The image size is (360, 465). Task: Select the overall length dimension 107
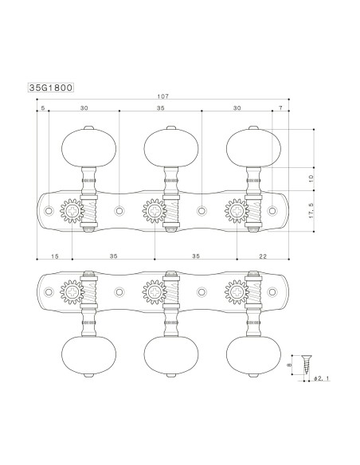pos(164,97)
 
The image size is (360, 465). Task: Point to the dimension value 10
pos(311,179)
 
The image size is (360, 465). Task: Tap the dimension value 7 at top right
pos(280,106)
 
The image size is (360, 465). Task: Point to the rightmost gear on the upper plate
pos(237,211)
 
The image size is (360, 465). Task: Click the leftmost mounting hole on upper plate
pos(50,211)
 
